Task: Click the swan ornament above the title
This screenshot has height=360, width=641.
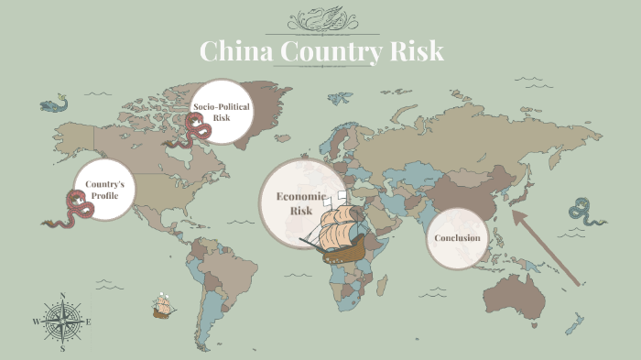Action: (320, 19)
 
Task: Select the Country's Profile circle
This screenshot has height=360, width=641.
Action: (105, 191)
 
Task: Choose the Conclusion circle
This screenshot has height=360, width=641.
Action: (457, 238)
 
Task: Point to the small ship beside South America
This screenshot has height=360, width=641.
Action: (164, 306)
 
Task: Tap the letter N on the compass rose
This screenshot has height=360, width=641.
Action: (62, 296)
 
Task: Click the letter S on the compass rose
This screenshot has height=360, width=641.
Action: (62, 349)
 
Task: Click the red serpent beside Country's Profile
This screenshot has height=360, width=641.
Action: (73, 210)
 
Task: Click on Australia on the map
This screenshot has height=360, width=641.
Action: (521, 294)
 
